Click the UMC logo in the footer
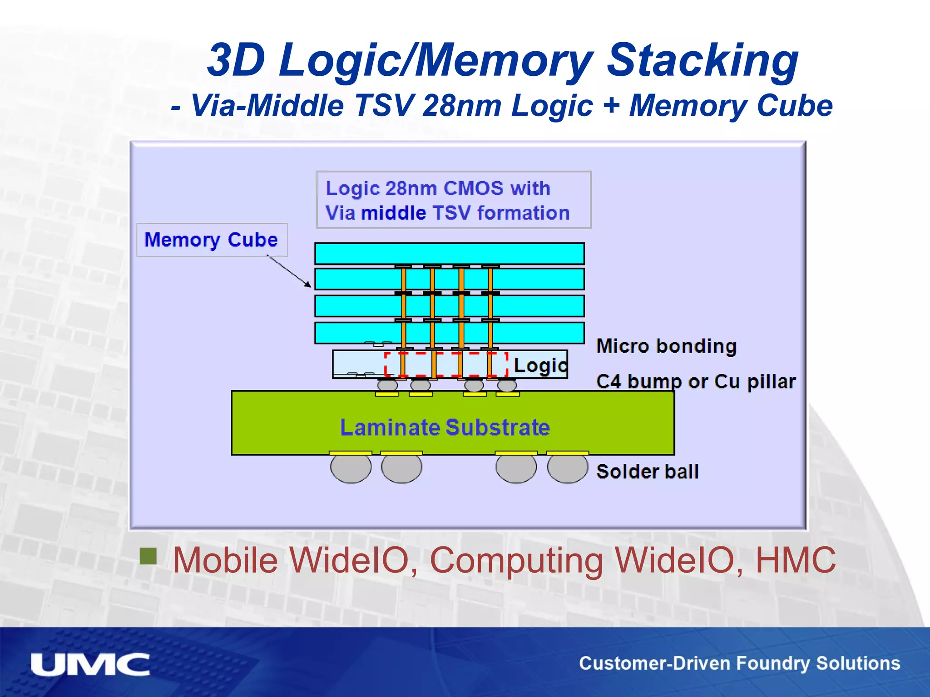pyautogui.click(x=90, y=665)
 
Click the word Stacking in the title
pyautogui.click(x=702, y=60)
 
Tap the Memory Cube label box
pyautogui.click(x=212, y=240)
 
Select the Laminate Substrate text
pyautogui.click(x=445, y=427)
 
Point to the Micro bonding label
pyautogui.click(x=666, y=346)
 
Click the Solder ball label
pyautogui.click(x=647, y=471)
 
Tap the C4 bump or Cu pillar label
pyautogui.click(x=696, y=382)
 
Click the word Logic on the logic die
pyautogui.click(x=540, y=365)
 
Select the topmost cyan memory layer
pyautogui.click(x=449, y=254)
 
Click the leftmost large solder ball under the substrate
pyautogui.click(x=351, y=468)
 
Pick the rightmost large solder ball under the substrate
pyautogui.click(x=567, y=468)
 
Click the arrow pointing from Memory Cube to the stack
pyautogui.click(x=289, y=271)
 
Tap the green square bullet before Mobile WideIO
pyautogui.click(x=148, y=555)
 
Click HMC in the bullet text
pyautogui.click(x=795, y=560)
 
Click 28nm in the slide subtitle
pyautogui.click(x=461, y=106)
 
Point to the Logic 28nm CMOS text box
pyautogui.click(x=453, y=200)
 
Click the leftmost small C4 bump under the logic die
pyautogui.click(x=387, y=385)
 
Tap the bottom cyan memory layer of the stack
pyautogui.click(x=449, y=333)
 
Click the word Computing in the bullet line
pyautogui.click(x=516, y=561)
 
